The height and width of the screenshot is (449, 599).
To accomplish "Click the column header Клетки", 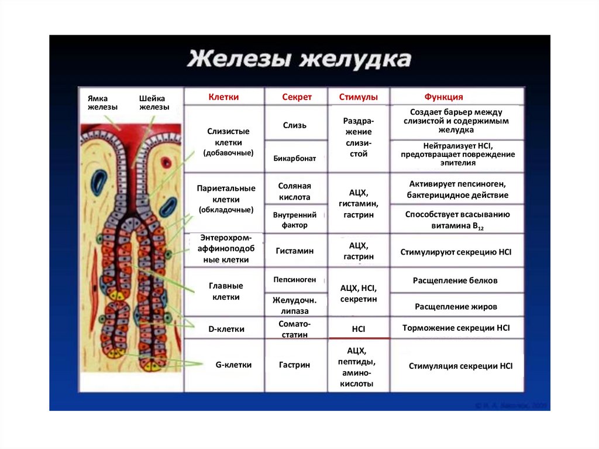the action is [x=223, y=97].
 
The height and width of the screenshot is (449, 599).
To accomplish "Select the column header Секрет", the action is [x=297, y=97].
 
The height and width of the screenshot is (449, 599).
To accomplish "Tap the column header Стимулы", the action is [x=358, y=97].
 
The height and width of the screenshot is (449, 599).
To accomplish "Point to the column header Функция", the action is [x=443, y=97].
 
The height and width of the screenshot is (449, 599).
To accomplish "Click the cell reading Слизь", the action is [x=295, y=125].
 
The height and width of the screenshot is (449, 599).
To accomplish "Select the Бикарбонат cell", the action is [x=295, y=158].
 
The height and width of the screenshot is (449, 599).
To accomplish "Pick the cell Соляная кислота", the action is [x=295, y=191].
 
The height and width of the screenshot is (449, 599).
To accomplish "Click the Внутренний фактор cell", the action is [x=295, y=220].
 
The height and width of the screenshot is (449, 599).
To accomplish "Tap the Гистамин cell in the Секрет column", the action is [x=295, y=251].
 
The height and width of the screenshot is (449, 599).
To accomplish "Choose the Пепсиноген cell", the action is [x=295, y=280].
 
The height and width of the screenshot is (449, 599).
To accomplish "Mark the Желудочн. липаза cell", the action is [x=295, y=305].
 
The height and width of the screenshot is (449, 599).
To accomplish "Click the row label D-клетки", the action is [x=226, y=330].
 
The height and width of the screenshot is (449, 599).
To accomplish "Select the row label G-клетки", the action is [x=233, y=365].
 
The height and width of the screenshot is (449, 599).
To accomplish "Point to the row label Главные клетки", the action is [x=226, y=292].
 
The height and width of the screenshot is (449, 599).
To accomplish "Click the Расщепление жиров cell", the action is [x=456, y=306].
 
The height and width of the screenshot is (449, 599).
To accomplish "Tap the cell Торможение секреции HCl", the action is [x=456, y=328].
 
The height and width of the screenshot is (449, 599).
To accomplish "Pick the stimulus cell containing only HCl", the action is [x=359, y=330].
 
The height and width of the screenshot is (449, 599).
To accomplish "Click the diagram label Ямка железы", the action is [x=103, y=103].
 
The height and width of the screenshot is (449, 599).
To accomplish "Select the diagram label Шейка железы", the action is [x=154, y=103].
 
